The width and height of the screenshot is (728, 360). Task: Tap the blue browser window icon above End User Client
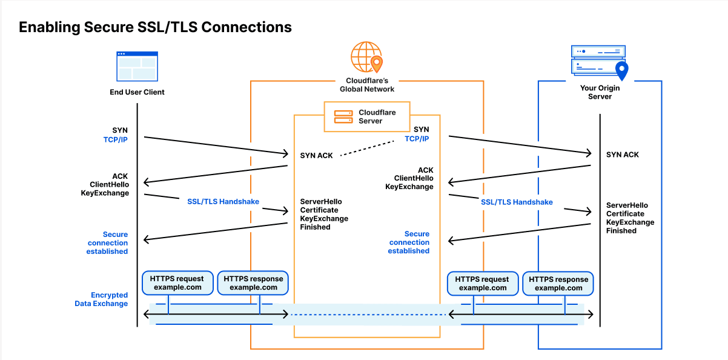[x=137, y=66]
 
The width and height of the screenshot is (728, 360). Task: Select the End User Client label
[x=137, y=92]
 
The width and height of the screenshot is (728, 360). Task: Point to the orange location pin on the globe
[x=377, y=63]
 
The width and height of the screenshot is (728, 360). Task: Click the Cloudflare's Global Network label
[x=367, y=84]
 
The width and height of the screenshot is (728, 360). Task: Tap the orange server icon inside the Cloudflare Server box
[x=343, y=116]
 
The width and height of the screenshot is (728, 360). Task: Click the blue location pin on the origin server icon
[x=621, y=71]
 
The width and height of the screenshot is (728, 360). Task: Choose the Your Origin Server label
[x=600, y=92]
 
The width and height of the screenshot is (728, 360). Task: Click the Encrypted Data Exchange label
[x=101, y=299]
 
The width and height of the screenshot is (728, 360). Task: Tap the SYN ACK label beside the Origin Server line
[x=623, y=155]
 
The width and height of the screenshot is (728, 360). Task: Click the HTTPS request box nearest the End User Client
[x=177, y=283]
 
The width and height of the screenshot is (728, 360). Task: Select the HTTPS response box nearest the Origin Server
[x=558, y=284]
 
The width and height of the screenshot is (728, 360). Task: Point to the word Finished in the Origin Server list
[x=621, y=231]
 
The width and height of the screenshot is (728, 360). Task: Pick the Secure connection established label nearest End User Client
[x=107, y=242]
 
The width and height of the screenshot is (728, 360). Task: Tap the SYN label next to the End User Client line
[x=120, y=130]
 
